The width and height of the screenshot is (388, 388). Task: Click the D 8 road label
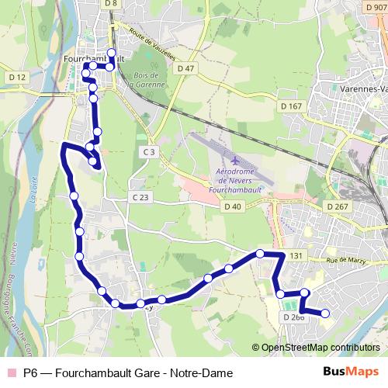click(x=112, y=4)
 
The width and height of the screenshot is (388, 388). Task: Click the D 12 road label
click(x=17, y=77)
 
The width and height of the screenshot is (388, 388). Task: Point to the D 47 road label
click(x=185, y=68)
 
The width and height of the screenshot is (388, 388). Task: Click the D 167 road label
click(x=291, y=106)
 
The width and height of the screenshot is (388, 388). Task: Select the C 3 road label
click(x=150, y=151)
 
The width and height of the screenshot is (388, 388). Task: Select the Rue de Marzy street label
click(x=345, y=261)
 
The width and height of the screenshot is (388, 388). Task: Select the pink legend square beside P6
click(x=10, y=372)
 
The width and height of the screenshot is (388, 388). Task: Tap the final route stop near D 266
click(x=325, y=314)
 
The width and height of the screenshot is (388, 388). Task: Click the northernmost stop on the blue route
click(x=111, y=54)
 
